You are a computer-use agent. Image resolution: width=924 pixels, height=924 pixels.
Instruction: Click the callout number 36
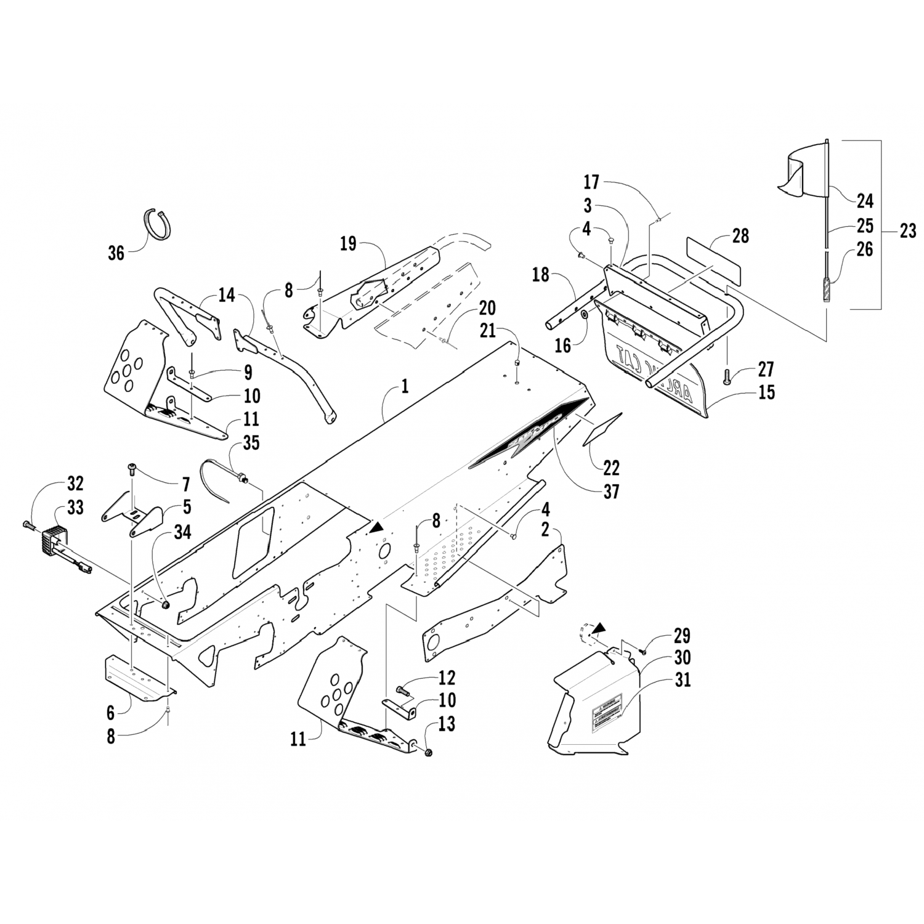pyautogui.click(x=116, y=253)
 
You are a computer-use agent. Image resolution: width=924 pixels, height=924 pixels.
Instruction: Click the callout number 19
pyautogui.click(x=349, y=243)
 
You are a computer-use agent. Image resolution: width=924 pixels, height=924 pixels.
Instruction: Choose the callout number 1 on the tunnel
pyautogui.click(x=405, y=386)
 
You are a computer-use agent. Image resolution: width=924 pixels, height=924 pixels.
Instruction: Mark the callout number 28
pyautogui.click(x=741, y=235)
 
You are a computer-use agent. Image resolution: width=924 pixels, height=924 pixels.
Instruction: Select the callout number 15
pyautogui.click(x=766, y=392)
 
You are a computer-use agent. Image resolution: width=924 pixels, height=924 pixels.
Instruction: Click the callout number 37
pyautogui.click(x=611, y=491)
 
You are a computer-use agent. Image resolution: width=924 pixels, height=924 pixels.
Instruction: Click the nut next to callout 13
pyautogui.click(x=429, y=752)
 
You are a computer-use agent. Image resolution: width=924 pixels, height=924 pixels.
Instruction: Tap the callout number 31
pyautogui.click(x=683, y=679)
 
